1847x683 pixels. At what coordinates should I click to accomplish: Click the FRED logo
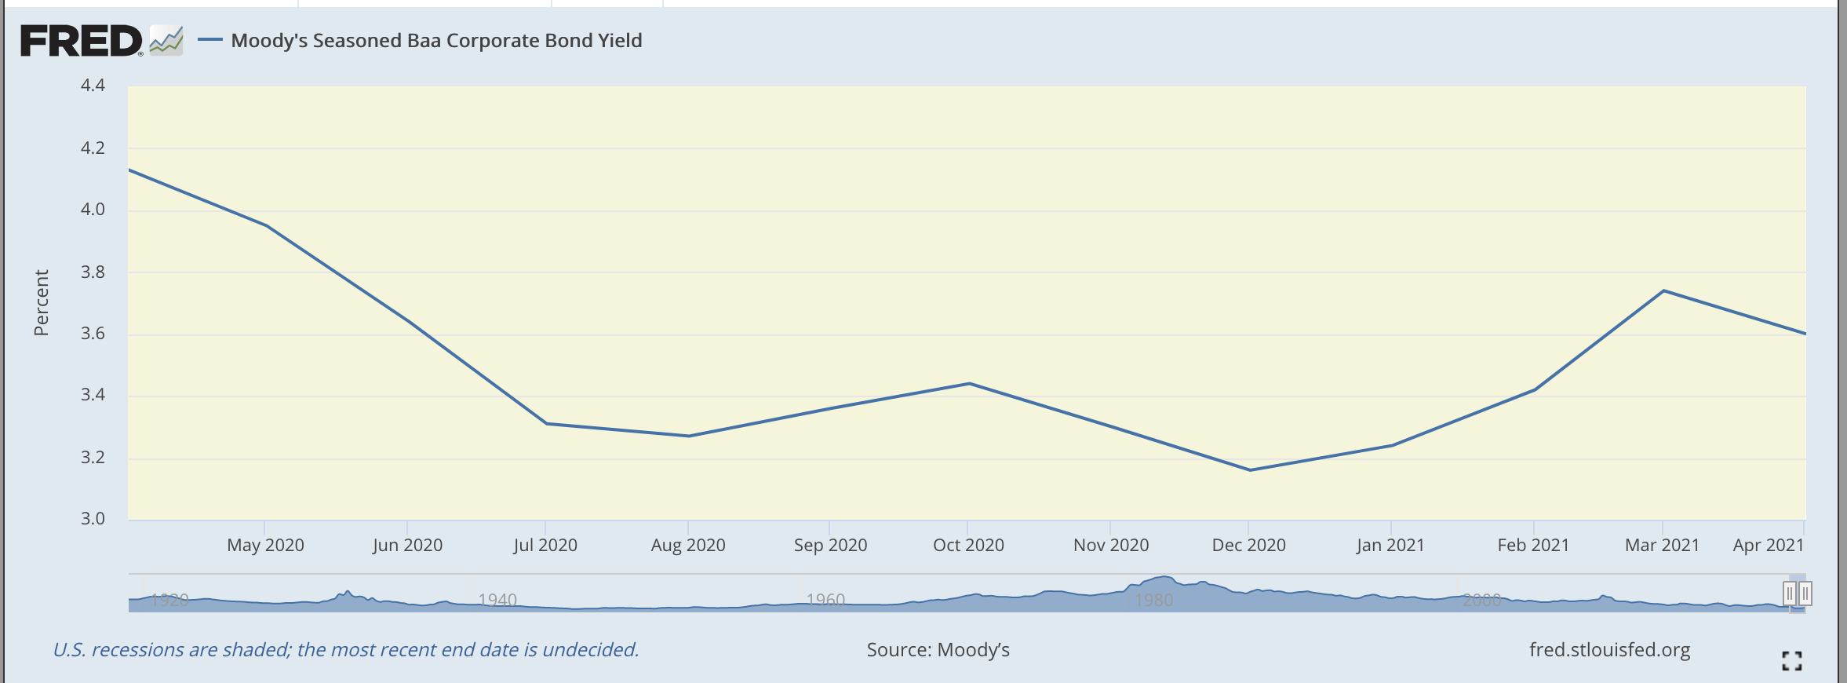pos(82,41)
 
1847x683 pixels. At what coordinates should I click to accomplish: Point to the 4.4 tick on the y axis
pos(93,85)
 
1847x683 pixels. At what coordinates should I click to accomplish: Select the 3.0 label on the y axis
pos(93,519)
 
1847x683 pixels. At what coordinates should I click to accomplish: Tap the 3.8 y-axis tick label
pos(93,272)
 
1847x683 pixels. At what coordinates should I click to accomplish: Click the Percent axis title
pos(41,303)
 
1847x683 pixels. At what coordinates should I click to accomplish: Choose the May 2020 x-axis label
pos(265,545)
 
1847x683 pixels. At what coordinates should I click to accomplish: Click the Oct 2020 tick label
pos(968,545)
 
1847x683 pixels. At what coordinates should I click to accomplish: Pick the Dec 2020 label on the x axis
pos(1248,545)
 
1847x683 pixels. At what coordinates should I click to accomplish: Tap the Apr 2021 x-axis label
pos(1768,545)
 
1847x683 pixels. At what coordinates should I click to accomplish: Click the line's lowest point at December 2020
pos(1249,470)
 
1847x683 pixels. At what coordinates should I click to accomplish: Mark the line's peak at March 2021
pos(1663,291)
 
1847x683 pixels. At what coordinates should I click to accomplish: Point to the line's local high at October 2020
pos(970,384)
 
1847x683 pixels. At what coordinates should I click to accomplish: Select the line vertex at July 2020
pos(546,424)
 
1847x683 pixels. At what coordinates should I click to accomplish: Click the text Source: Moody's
pos(938,650)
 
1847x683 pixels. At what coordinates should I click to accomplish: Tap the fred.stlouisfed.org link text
pos(1609,650)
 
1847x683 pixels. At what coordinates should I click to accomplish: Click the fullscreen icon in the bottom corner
pos(1791,661)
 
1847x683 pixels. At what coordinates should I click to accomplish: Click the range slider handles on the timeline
pos(1797,594)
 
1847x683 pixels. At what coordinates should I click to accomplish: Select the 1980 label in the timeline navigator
pos(1154,601)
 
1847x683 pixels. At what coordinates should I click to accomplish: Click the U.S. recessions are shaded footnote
pos(345,650)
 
